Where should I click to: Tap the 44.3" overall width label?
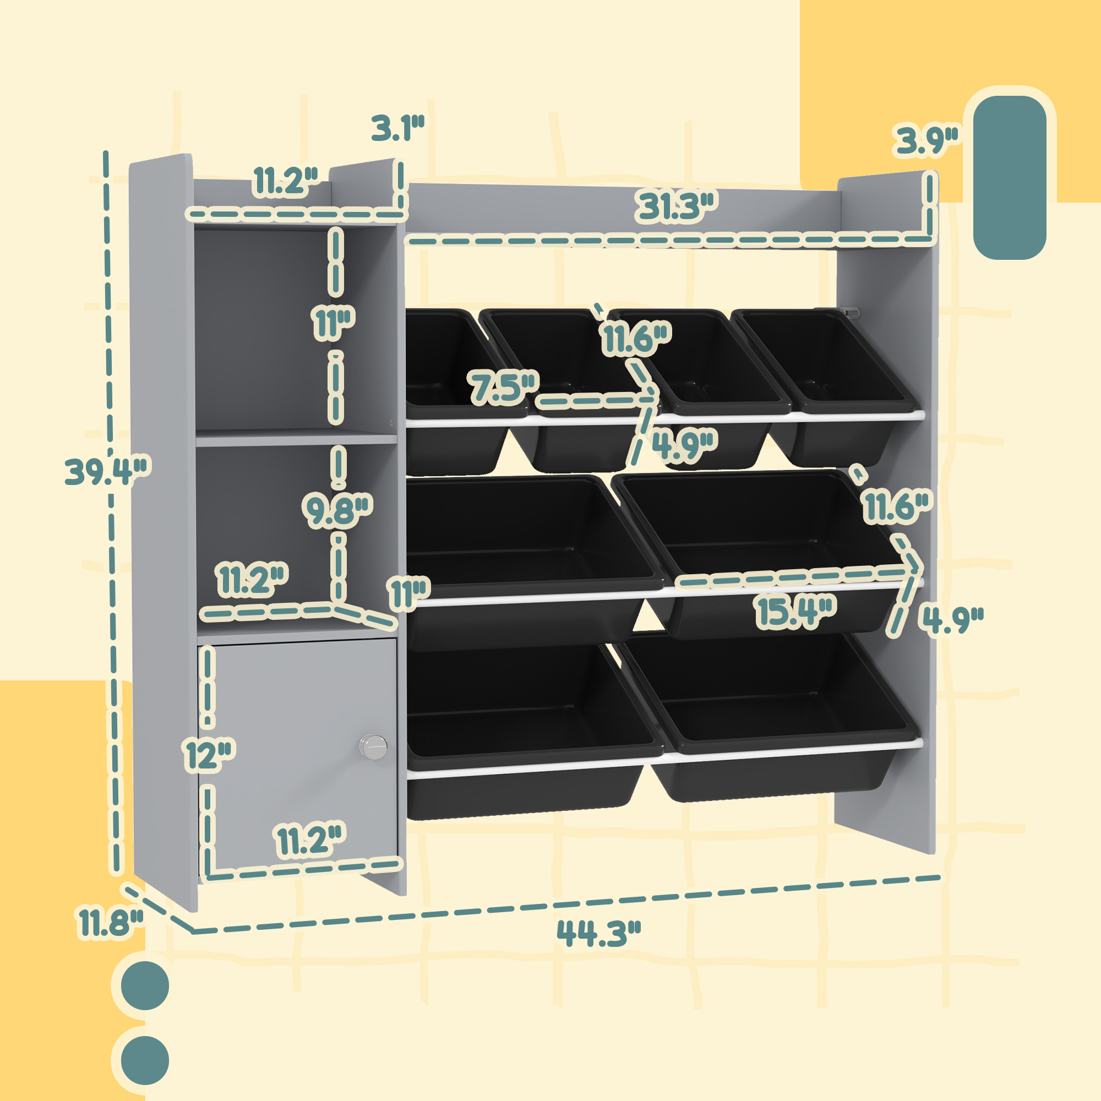pos(598,934)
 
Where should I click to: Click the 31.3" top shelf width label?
pos(676,206)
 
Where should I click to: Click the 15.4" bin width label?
pos(795,612)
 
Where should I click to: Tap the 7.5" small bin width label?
pos(503,388)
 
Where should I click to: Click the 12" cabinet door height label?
pos(209,756)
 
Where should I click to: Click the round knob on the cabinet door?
pos(373,746)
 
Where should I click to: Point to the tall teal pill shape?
pos(1009,177)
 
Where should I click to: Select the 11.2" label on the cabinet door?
pos(310,840)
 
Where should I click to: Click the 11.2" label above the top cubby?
pos(285,181)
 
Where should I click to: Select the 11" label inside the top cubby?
pos(334,323)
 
